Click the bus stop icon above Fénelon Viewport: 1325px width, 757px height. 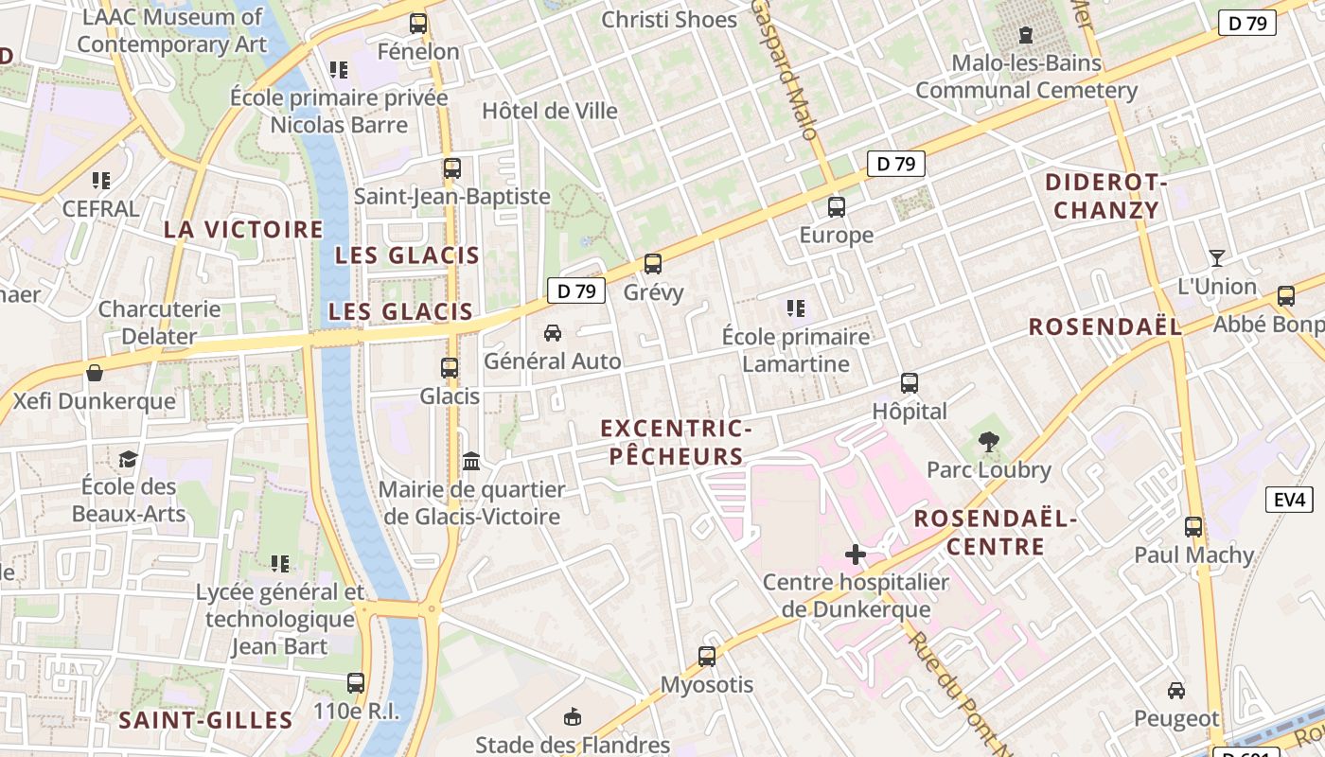pyautogui.click(x=418, y=24)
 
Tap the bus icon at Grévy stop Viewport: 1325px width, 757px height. pyautogui.click(x=653, y=264)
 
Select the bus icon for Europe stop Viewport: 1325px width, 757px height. pyautogui.click(x=837, y=206)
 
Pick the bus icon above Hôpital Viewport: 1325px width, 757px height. pyautogui.click(x=910, y=383)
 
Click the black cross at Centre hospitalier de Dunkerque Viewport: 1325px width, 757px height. pyautogui.click(x=856, y=555)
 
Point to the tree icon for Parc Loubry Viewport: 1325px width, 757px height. pyautogui.click(x=989, y=441)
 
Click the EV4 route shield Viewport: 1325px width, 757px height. pyautogui.click(x=1289, y=499)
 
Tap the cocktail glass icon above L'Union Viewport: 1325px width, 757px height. pyautogui.click(x=1217, y=257)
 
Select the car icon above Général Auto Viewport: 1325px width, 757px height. pyautogui.click(x=553, y=333)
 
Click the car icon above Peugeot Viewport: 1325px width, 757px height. pyautogui.click(x=1176, y=691)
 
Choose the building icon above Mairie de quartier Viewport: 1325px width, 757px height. pyautogui.click(x=471, y=461)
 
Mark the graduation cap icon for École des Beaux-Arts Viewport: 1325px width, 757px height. pyautogui.click(x=128, y=459)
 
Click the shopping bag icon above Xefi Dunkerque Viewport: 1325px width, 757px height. pyautogui.click(x=95, y=373)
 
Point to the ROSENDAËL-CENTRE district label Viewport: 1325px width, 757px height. pyautogui.click(x=996, y=533)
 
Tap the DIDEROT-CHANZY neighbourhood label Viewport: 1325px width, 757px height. pyautogui.click(x=1106, y=196)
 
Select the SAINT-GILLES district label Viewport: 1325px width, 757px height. pyautogui.click(x=205, y=720)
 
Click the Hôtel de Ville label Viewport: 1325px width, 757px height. pyautogui.click(x=550, y=111)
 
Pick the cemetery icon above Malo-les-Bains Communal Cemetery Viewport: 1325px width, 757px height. pyautogui.click(x=1026, y=36)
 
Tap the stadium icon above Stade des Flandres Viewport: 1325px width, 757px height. pyautogui.click(x=573, y=716)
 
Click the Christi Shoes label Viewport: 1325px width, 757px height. pyautogui.click(x=669, y=19)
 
